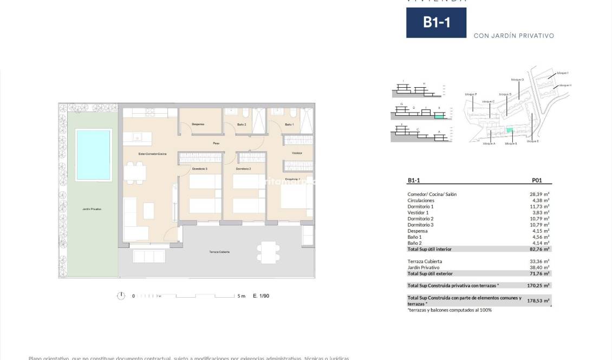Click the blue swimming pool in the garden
click(x=94, y=155)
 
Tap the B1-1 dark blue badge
click(x=436, y=22)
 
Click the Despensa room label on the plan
click(x=198, y=125)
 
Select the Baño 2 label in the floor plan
click(x=242, y=125)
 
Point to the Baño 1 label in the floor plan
click(x=289, y=125)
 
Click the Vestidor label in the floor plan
click(x=297, y=153)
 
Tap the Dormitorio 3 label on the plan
click(x=199, y=169)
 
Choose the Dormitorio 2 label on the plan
click(x=244, y=169)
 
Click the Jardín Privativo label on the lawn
click(x=92, y=209)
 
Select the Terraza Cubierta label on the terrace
click(x=219, y=252)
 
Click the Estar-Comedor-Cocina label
click(x=152, y=154)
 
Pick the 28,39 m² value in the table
click(x=539, y=194)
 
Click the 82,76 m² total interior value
click(x=539, y=249)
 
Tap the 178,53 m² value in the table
click(x=538, y=300)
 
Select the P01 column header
click(x=537, y=181)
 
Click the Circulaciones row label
click(x=421, y=200)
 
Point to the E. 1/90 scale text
click(x=261, y=296)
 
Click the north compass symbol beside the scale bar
click(x=121, y=296)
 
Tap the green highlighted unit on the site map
click(x=509, y=130)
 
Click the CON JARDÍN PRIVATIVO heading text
click(x=513, y=36)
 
